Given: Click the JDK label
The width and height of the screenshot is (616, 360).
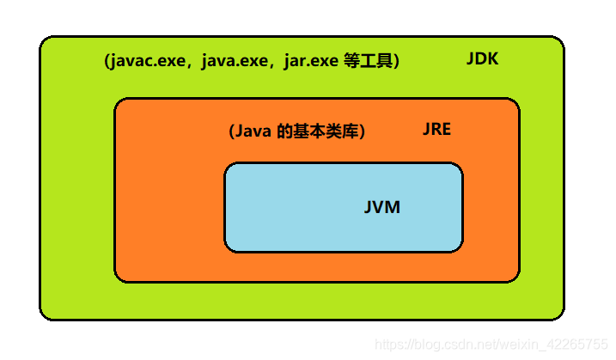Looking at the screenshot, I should point(482,60).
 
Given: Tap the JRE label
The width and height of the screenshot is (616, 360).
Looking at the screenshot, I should point(436,130).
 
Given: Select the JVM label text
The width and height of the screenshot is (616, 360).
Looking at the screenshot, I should point(381,208).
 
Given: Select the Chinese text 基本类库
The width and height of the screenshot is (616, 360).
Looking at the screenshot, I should point(327,132).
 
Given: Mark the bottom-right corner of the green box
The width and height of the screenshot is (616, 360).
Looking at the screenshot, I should point(560,315).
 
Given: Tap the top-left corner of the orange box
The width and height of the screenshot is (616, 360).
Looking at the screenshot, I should point(119,102).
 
